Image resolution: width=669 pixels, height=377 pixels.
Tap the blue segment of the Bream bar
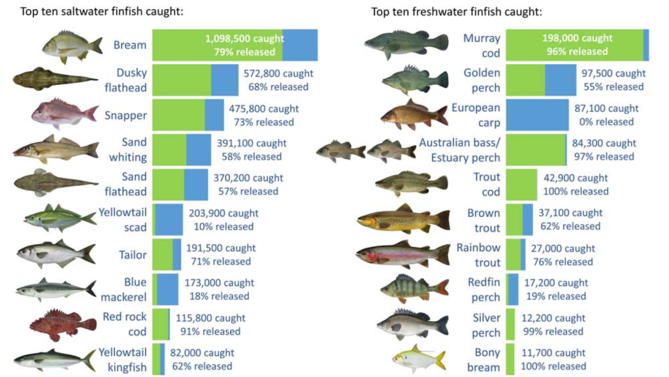pos(300,46)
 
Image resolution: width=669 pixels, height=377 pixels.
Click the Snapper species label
pos(125,116)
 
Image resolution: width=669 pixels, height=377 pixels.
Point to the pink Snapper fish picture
pos(64,114)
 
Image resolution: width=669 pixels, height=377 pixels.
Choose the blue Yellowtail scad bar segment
pos(169,219)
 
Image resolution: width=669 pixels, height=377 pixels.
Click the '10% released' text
pos(223,226)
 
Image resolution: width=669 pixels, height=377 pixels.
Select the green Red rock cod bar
pos(160,324)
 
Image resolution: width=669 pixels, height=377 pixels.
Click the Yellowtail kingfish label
pos(123,359)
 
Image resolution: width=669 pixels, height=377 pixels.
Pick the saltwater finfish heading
pos(101,12)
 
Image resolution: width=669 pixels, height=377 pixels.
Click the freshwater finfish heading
pos(457,12)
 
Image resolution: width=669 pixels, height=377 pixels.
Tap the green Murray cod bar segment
pos(574,45)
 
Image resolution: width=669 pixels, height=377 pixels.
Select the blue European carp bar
pos(538,115)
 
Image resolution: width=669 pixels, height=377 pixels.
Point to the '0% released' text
pos(605,122)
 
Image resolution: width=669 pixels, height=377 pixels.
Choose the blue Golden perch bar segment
pos(561,80)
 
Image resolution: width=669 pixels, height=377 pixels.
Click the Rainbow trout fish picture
pos(402,254)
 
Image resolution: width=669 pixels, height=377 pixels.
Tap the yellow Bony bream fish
pos(419,359)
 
